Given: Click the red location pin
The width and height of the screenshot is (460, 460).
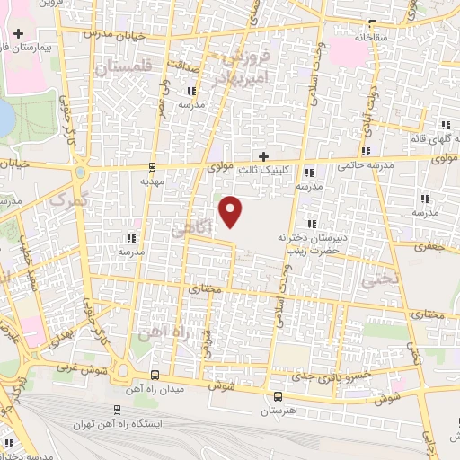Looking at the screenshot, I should coord(232,212).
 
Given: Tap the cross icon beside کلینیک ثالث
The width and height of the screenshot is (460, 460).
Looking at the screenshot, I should coord(263,155).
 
